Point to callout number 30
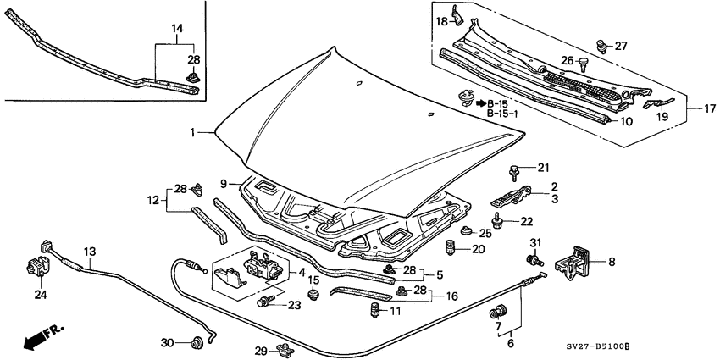168,342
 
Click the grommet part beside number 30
197,341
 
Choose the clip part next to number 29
285,348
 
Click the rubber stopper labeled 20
452,249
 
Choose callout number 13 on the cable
90,251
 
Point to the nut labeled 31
534,262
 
